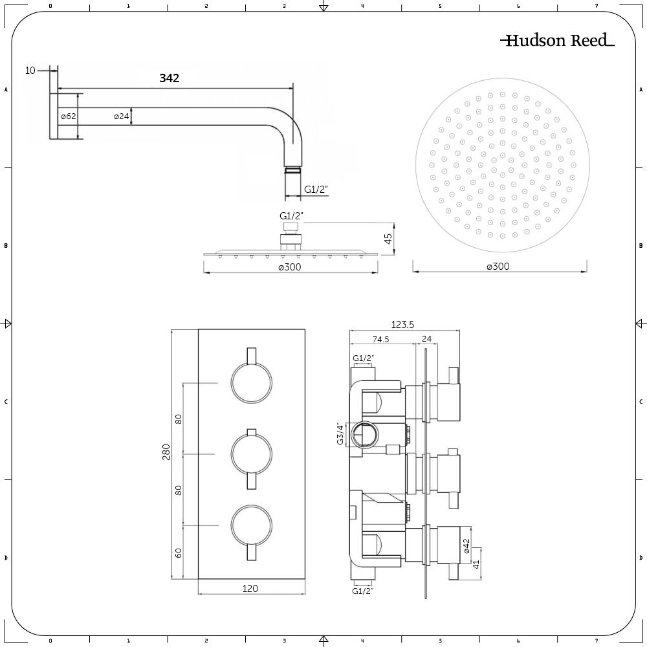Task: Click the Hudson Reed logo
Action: click(x=557, y=41)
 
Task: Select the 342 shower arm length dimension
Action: click(x=170, y=78)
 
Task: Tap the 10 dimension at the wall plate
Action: click(x=30, y=71)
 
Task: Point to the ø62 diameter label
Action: click(x=69, y=116)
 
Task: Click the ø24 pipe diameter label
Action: click(x=122, y=116)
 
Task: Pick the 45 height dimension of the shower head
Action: click(x=388, y=239)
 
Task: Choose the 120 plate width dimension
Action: click(x=250, y=588)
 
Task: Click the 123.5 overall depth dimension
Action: click(x=402, y=325)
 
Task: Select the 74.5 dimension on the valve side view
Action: click(x=380, y=339)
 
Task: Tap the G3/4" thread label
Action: click(x=338, y=433)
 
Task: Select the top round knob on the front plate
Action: click(x=250, y=383)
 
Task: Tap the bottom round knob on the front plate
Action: click(x=250, y=525)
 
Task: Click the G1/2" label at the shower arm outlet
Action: click(x=316, y=190)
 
